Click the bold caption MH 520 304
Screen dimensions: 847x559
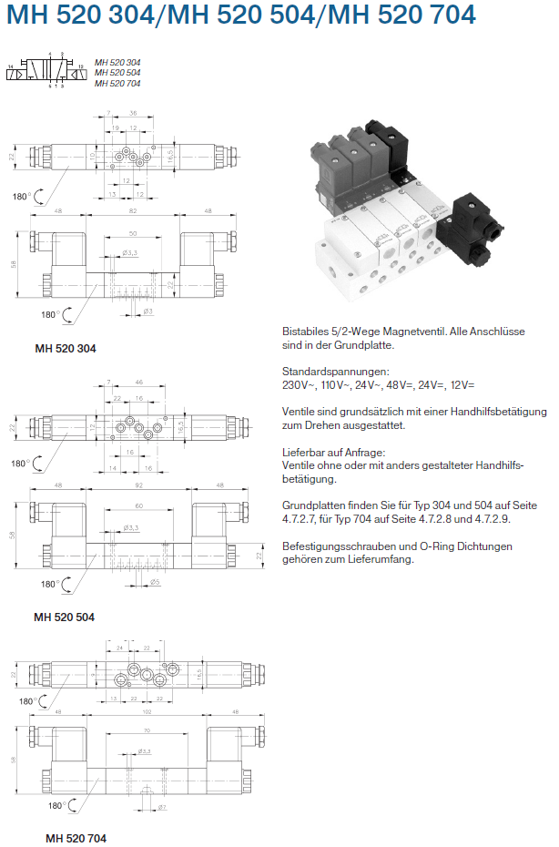(x=65, y=348)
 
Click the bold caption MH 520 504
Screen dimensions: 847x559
(x=65, y=617)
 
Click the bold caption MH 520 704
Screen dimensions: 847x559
(x=76, y=838)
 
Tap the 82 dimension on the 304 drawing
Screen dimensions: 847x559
(x=133, y=211)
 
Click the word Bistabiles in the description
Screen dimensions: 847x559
(x=307, y=332)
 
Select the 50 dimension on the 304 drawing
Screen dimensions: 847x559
(x=133, y=233)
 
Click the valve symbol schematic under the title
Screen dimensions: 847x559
(x=45, y=70)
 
